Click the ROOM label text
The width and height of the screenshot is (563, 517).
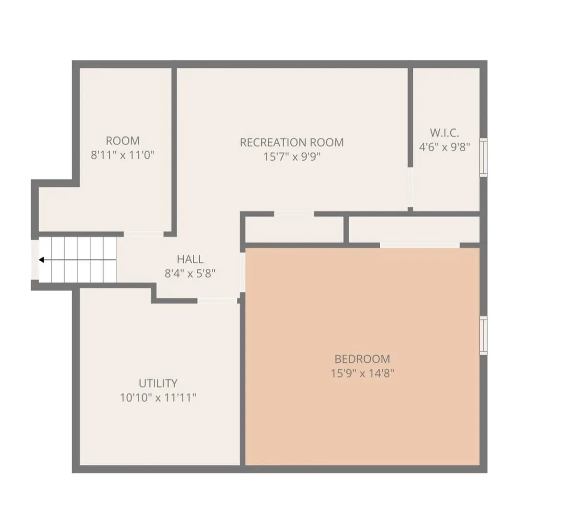[x=122, y=140]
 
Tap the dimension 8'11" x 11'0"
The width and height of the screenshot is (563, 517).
[x=122, y=155]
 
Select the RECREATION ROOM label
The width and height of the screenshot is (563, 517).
[x=292, y=143]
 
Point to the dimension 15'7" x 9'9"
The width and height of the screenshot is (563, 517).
[x=292, y=157]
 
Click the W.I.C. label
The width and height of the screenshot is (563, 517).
[x=444, y=133]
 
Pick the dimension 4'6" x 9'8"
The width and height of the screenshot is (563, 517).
[x=444, y=147]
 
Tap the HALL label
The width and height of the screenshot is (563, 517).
[x=190, y=259]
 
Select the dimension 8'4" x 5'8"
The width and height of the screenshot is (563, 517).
[x=190, y=274]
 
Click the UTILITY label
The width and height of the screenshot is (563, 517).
[x=158, y=383]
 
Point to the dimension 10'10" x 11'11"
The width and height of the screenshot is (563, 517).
[x=158, y=398]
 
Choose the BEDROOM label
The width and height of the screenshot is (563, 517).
[x=362, y=359]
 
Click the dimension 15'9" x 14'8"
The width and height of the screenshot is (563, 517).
[x=362, y=373]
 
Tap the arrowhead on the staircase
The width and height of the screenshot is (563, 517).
[x=41, y=260]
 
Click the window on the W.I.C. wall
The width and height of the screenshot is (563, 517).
[x=484, y=157]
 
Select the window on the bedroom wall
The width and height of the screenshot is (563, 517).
[x=484, y=336]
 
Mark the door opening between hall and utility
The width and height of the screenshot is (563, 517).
[x=217, y=301]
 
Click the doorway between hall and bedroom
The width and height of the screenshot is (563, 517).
[x=243, y=272]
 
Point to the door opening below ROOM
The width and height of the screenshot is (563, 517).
[x=144, y=234]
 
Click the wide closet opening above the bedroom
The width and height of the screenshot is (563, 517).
[x=419, y=246]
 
